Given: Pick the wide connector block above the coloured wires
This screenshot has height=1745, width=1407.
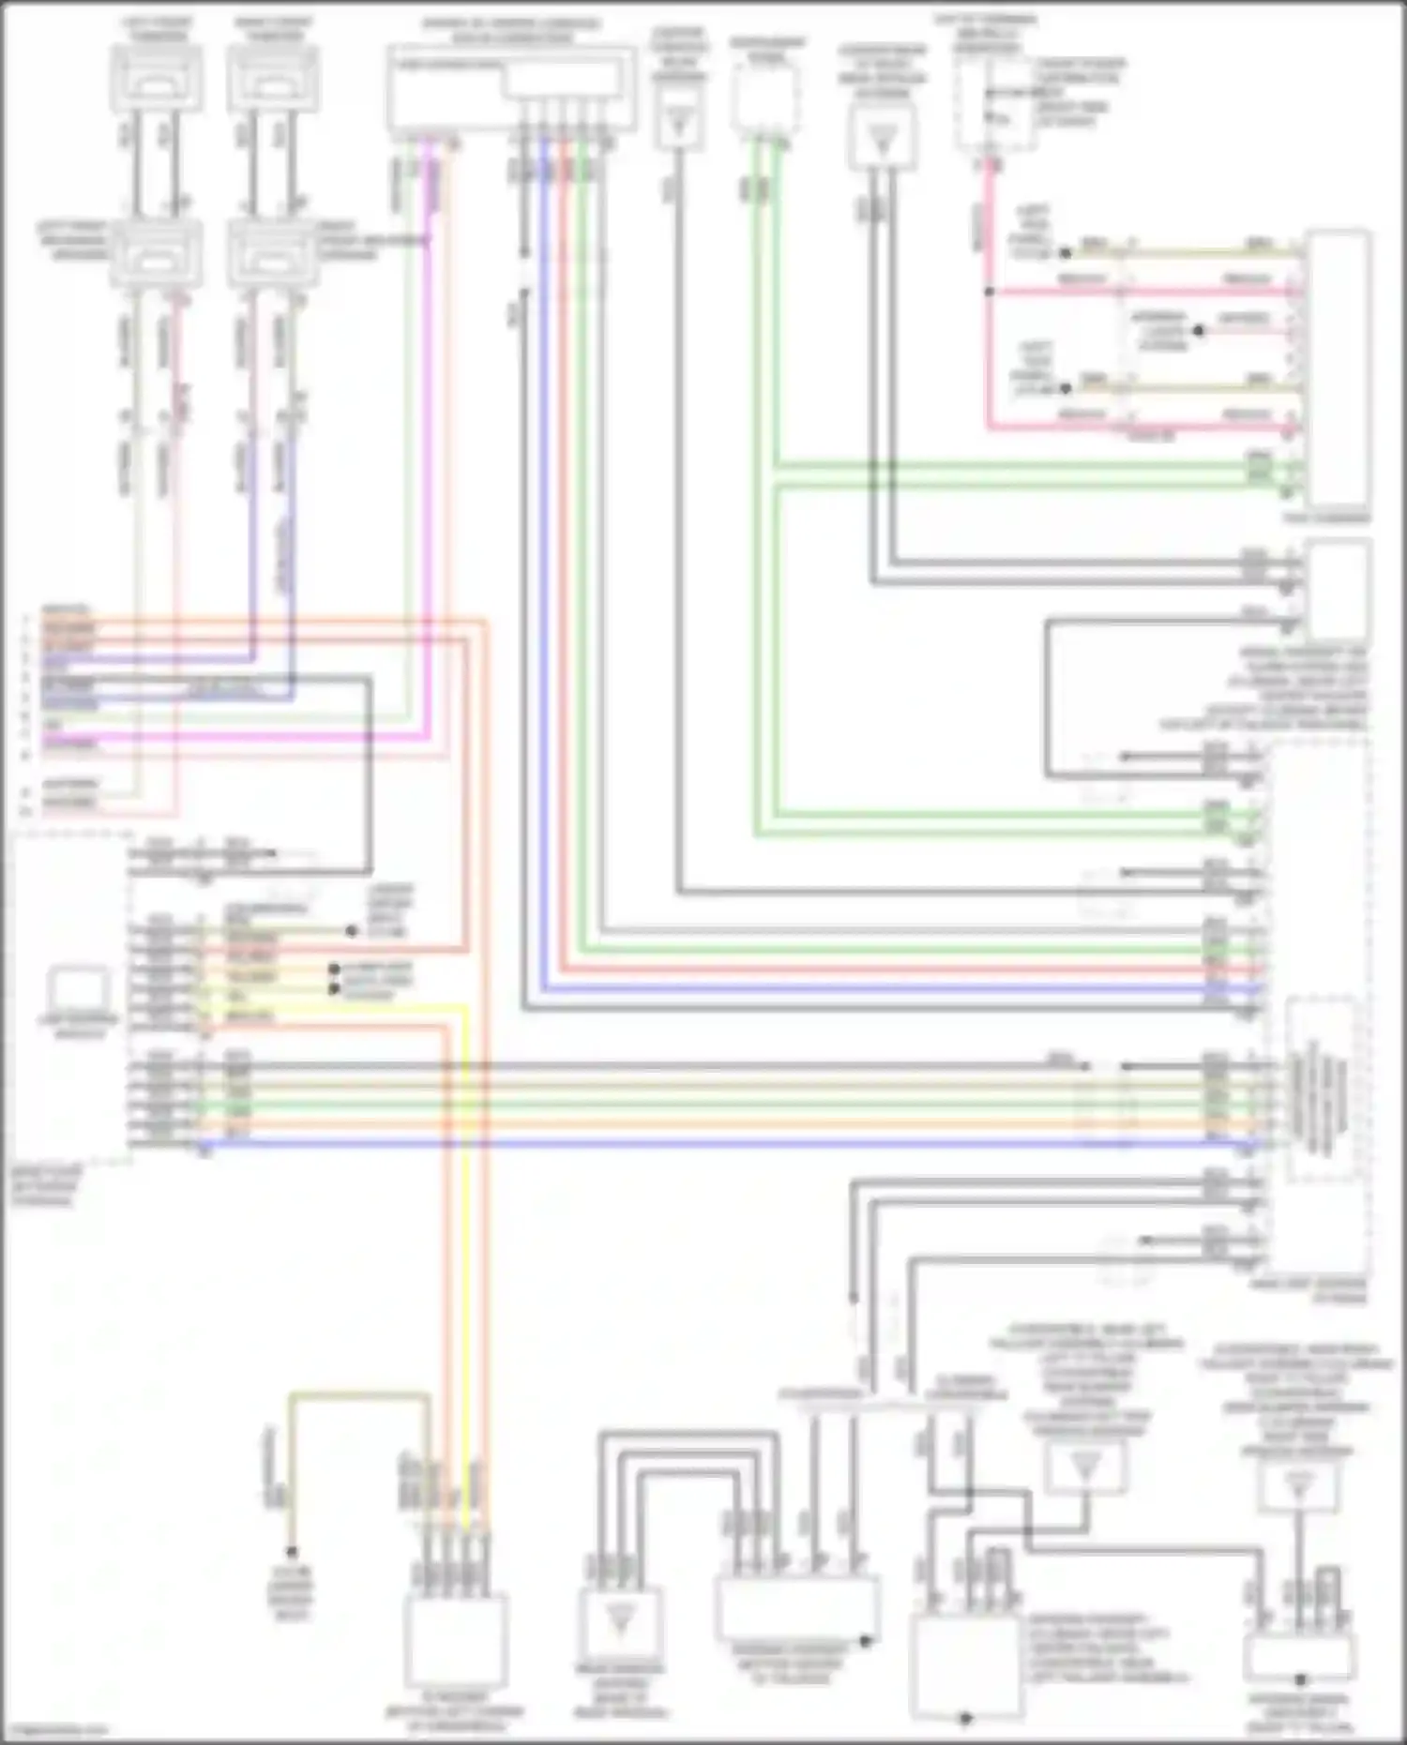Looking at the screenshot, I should (511, 87).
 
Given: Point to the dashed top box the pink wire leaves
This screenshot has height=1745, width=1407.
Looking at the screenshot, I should (993, 103).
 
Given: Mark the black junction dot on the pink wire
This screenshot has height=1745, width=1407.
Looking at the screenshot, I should (989, 292).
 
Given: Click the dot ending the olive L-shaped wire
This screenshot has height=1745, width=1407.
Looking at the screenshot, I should (292, 1552).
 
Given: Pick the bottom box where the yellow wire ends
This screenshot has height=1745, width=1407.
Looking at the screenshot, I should (456, 1640).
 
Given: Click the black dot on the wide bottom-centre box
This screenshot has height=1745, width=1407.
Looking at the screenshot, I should (866, 1641).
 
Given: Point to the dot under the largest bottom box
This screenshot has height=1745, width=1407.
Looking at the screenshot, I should (966, 1718).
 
